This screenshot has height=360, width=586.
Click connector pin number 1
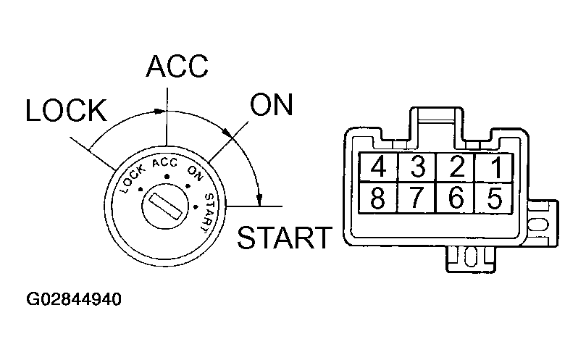(495, 168)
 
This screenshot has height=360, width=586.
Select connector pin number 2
(456, 168)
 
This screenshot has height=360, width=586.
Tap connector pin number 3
(417, 168)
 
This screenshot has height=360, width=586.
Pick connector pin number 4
(378, 168)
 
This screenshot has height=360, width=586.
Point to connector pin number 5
(495, 198)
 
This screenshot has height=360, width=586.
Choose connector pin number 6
(456, 198)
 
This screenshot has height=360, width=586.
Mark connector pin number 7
(417, 198)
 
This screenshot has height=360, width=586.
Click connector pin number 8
(378, 198)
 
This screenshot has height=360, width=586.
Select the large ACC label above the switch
(177, 66)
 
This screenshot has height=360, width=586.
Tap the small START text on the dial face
(208, 211)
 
